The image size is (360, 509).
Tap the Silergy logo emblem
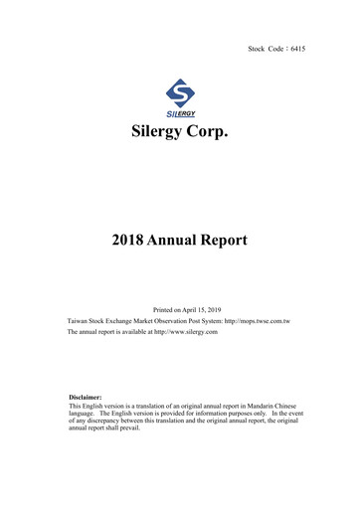point(179,93)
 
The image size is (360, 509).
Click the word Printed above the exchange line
point(163,310)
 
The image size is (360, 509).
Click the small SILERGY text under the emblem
point(179,113)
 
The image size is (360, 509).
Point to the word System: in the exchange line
point(221,323)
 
